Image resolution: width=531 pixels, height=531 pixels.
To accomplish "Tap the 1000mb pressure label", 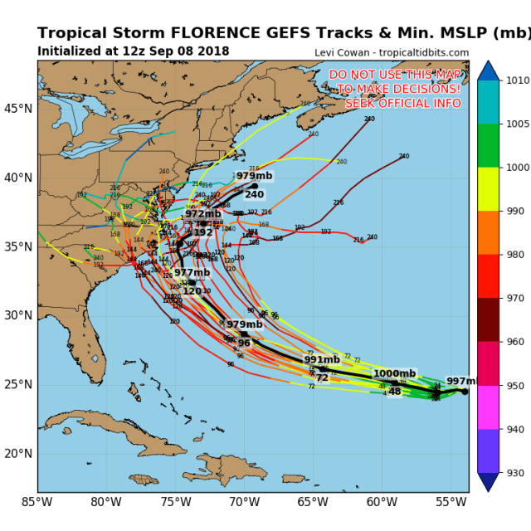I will pos(394,374).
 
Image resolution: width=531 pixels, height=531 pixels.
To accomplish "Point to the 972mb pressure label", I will pos(203,214).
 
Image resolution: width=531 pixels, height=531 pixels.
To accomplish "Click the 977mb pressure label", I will pos(192,273).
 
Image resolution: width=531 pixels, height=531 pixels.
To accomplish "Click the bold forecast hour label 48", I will pos(394,392).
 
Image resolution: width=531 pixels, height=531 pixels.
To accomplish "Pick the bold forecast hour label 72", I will pos(322,378).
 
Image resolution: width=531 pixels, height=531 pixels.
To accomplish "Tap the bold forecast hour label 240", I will pos(254,195).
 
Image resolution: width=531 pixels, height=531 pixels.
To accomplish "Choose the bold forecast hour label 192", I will pos(203,232).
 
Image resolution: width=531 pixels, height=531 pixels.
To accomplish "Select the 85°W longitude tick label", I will pos(37,501).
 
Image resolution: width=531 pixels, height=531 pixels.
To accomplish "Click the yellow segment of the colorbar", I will pos(489,189).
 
